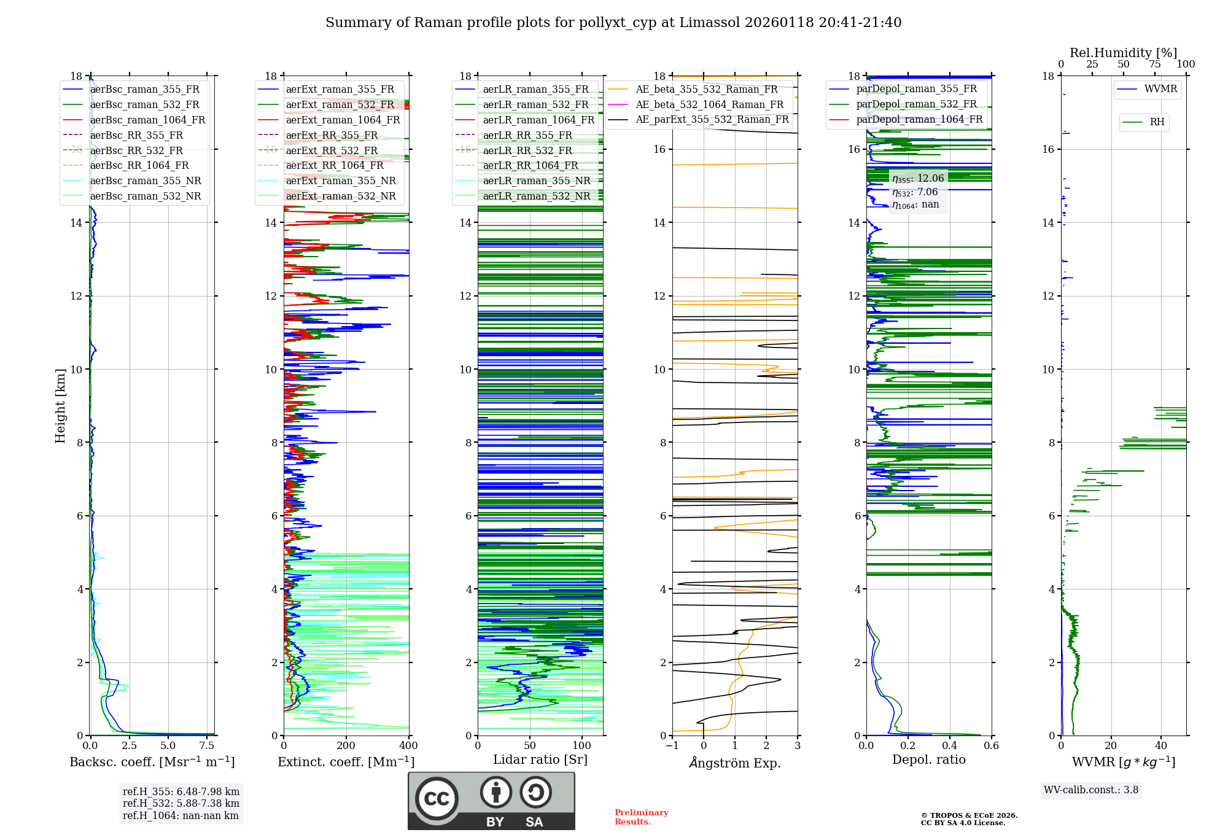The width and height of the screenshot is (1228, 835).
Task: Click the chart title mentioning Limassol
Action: [x=613, y=23]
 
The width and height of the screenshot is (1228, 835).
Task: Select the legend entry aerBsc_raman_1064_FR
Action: [x=147, y=120]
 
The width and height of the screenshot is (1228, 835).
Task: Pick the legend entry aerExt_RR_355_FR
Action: [x=332, y=135]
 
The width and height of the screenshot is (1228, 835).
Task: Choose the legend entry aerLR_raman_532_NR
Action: [x=536, y=196]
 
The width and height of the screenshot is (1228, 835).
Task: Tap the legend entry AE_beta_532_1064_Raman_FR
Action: [x=709, y=104]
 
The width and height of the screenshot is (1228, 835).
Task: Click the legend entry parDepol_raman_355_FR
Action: [x=916, y=89]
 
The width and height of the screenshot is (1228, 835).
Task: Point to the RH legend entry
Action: [x=1157, y=122]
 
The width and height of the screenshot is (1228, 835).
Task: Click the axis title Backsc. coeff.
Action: [x=152, y=762]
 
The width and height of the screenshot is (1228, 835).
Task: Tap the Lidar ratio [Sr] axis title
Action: [x=540, y=759]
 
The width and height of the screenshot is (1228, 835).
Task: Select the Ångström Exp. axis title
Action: [x=735, y=763]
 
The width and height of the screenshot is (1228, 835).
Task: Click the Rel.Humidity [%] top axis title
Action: [x=1123, y=53]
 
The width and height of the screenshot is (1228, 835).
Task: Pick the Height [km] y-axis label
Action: [x=60, y=405]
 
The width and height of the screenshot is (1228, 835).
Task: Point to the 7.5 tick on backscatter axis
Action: [x=207, y=746]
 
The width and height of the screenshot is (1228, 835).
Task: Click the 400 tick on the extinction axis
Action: [x=408, y=746]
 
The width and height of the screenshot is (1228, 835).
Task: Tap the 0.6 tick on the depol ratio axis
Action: [x=991, y=746]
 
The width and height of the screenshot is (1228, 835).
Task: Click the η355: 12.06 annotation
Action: [x=918, y=179]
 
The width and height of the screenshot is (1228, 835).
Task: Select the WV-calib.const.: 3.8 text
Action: [x=1091, y=790]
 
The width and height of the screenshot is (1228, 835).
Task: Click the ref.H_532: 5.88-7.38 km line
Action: [x=181, y=803]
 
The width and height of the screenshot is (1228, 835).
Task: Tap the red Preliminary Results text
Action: [x=641, y=817]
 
